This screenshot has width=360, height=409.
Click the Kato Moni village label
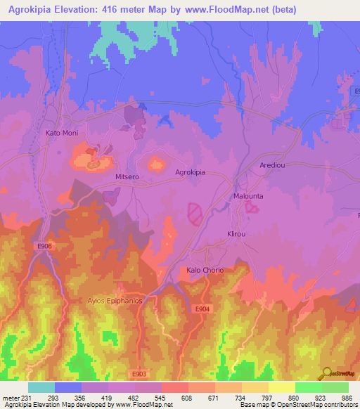click(61, 133)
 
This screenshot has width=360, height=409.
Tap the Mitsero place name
click(127, 178)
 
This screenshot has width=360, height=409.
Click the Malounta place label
click(247, 197)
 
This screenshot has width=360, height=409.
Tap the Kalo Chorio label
click(204, 270)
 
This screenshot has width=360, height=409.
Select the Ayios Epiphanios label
click(115, 300)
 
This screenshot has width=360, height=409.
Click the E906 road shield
click(41, 246)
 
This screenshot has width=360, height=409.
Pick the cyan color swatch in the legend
click(41, 387)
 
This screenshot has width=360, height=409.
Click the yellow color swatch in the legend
click(281, 387)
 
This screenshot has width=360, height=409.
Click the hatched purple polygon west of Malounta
click(195, 212)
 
